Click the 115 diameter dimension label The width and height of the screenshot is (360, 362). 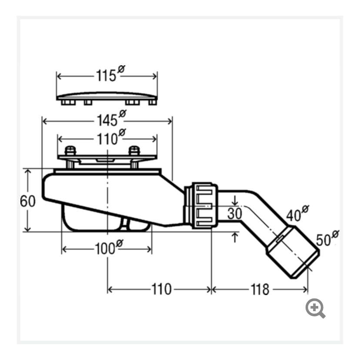110,73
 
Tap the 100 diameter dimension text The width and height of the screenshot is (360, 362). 109,247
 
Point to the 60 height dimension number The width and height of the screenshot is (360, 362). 28,201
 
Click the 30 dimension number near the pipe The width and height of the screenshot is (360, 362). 235,213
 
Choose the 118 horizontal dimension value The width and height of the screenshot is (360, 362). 260,289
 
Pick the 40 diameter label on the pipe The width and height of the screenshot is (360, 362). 297,213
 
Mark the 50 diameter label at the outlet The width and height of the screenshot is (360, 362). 327,238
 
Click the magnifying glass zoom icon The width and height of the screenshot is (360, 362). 315,309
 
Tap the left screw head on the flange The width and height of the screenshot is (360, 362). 70,150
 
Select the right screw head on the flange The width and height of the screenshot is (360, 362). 134,150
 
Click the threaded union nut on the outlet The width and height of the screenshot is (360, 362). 205,206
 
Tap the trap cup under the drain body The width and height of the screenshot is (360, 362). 106,219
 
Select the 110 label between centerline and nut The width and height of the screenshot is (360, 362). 161,289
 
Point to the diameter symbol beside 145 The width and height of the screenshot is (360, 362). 123,113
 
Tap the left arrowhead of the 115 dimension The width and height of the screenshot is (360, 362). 59,76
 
